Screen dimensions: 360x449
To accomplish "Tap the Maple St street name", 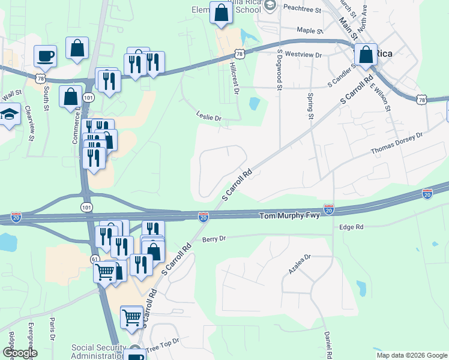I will coord(310,30).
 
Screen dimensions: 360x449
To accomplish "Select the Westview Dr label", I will coord(304,55).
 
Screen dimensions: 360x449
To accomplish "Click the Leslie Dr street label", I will coord(208,118).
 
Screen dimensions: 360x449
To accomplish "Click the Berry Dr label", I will coord(214,238).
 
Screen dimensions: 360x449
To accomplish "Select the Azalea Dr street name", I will coord(300,265).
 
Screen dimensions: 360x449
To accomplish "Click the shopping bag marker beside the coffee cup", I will coord(77,49).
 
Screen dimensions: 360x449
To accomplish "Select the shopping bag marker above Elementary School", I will coord(221,11).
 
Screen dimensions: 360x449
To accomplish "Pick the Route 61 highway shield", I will coord(95,259).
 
